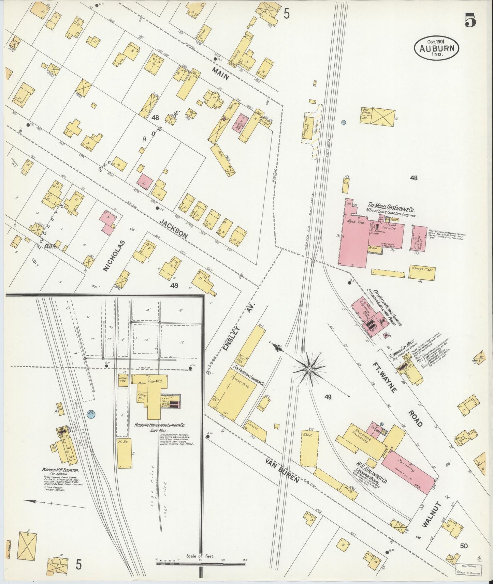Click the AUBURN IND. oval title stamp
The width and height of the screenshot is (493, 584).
437,48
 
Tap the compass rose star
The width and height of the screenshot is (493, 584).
309,369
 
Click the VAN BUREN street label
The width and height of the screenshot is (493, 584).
282,471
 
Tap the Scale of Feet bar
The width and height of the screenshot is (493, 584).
200,564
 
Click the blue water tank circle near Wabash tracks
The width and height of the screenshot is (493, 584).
91,414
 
